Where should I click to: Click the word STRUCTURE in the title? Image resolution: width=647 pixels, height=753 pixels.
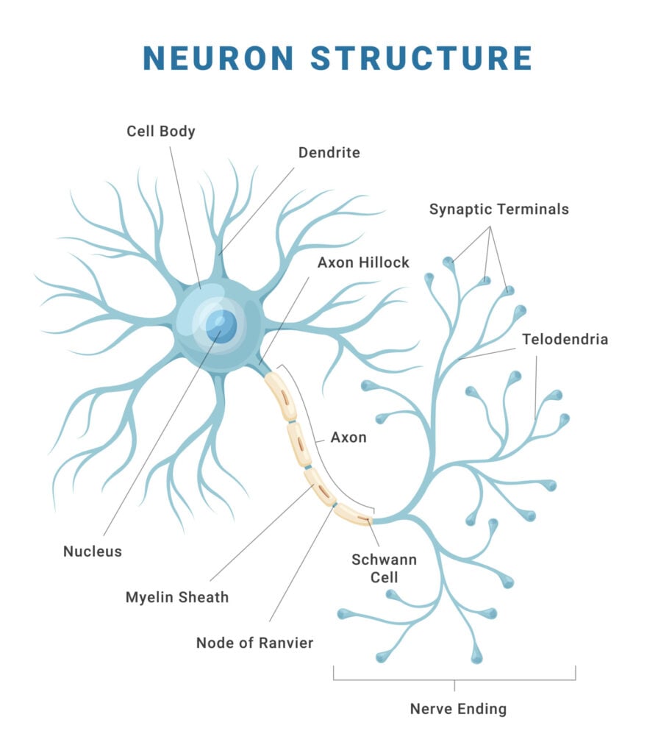click(x=421, y=58)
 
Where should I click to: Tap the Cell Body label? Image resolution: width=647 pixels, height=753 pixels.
click(x=161, y=132)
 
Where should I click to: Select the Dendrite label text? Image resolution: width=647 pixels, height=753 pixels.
click(x=329, y=153)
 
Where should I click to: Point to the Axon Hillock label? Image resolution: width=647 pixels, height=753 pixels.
click(x=363, y=263)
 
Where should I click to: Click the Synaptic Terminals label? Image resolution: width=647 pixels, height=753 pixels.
click(x=499, y=210)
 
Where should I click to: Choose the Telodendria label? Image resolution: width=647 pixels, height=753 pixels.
click(x=565, y=340)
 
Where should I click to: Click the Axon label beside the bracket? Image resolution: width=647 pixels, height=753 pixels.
click(x=348, y=438)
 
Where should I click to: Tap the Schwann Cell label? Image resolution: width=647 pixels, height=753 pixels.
click(x=384, y=568)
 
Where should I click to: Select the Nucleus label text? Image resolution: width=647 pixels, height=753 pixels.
click(x=93, y=552)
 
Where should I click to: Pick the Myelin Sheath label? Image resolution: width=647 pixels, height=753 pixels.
click(x=177, y=597)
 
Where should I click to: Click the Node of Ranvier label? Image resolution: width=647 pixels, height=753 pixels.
click(x=254, y=643)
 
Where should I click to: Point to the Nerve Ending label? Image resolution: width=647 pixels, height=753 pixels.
click(x=458, y=710)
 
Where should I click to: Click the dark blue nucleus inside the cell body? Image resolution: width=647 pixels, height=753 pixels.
click(x=221, y=326)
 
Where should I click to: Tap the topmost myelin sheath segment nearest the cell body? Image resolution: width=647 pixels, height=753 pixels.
click(x=280, y=396)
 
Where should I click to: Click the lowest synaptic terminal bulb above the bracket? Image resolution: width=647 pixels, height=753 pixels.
click(x=476, y=655)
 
